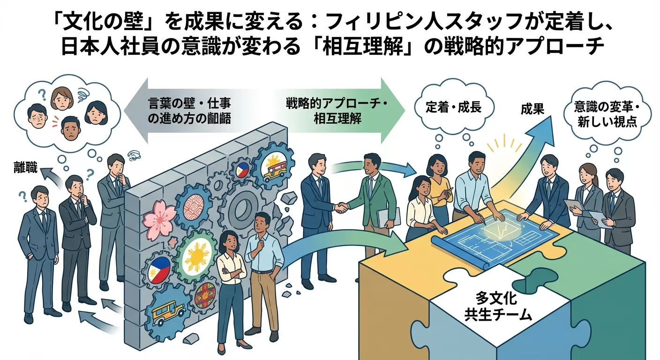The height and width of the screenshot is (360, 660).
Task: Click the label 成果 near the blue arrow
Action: point(532,110)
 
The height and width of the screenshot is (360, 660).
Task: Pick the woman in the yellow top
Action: point(439,187)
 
